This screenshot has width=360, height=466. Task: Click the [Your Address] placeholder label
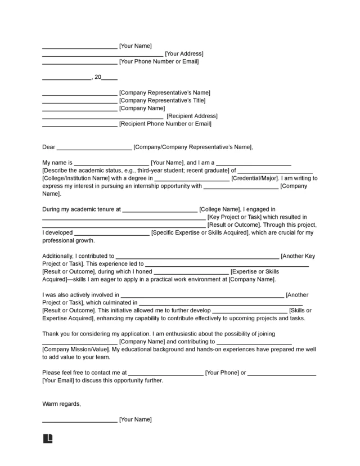(184, 54)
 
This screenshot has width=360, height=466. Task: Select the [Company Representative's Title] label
(163, 101)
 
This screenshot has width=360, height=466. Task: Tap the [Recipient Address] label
(192, 116)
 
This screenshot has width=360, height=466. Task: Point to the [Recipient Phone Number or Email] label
(165, 124)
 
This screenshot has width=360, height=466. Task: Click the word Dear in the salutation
(49, 147)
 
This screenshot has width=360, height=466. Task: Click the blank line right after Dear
(94, 149)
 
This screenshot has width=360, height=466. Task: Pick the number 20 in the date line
(97, 77)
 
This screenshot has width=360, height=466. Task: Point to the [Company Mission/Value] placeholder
(75, 349)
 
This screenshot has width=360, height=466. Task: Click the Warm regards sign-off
(61, 404)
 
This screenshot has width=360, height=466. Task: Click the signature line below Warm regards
(80, 420)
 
